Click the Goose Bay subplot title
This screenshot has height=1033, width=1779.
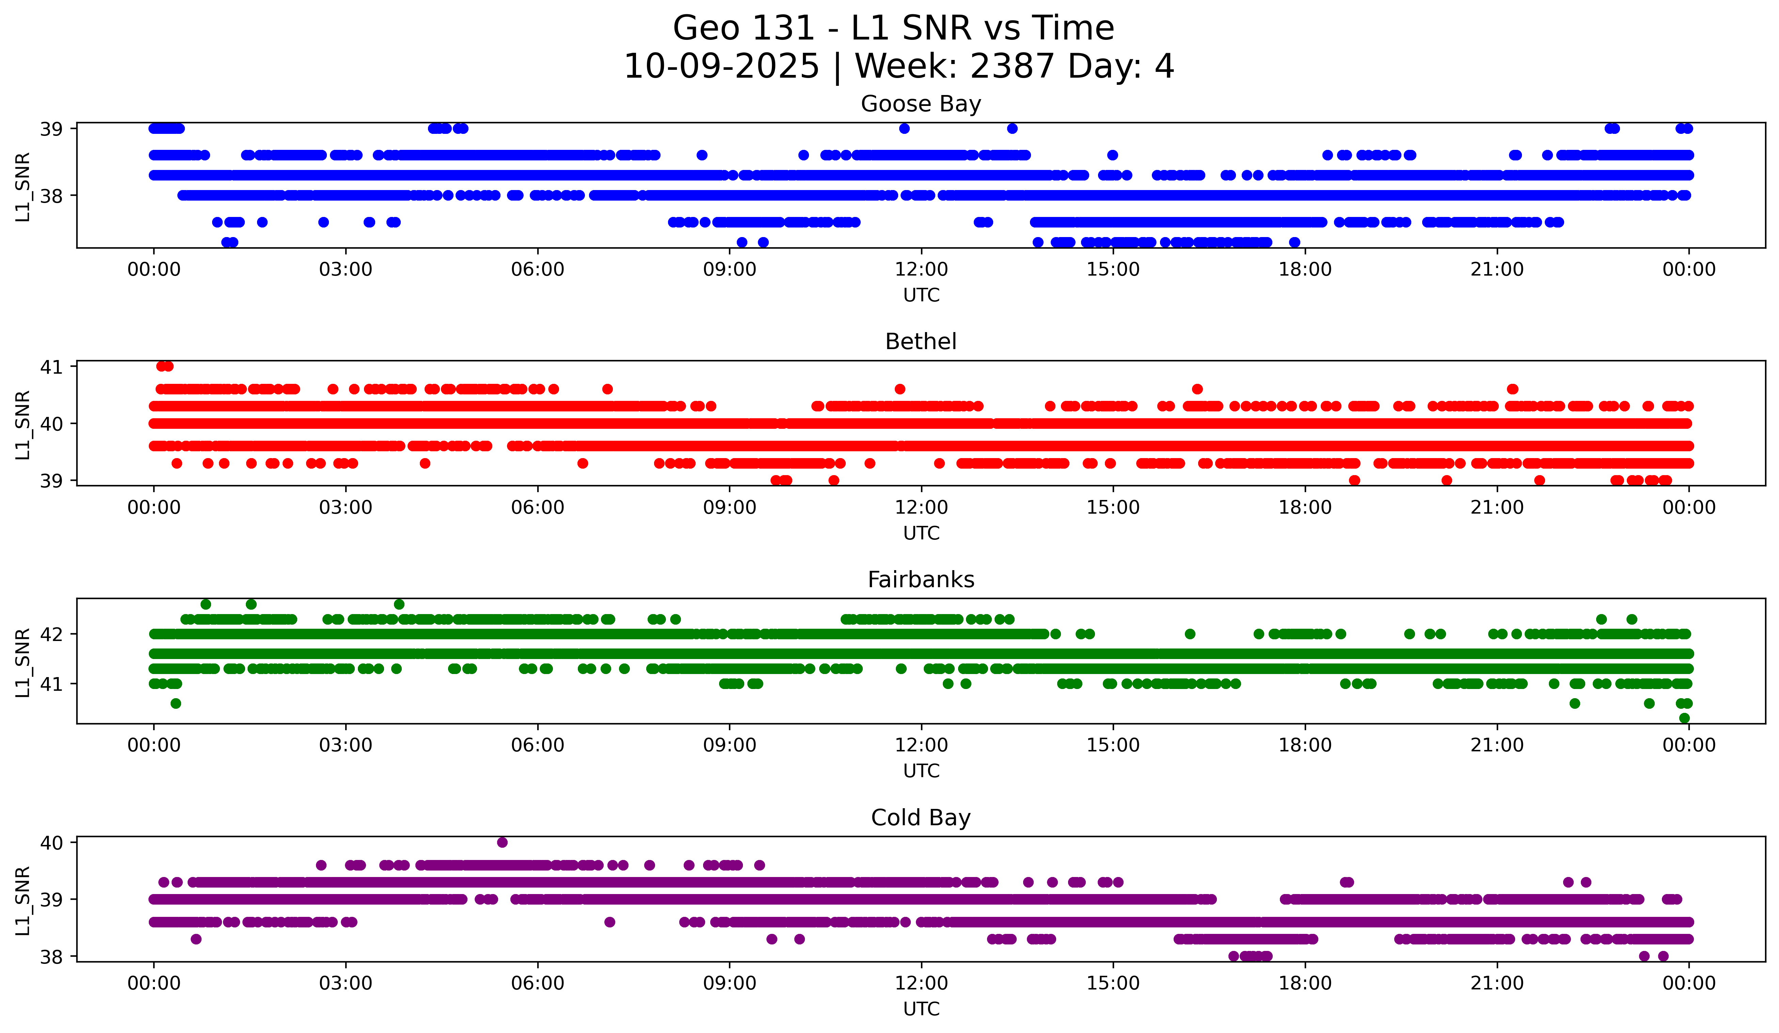[921, 104]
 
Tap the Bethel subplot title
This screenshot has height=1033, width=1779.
[921, 342]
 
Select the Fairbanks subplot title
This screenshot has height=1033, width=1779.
[921, 580]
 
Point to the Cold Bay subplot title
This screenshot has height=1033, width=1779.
[921, 818]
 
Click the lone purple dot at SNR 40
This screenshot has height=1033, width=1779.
[502, 842]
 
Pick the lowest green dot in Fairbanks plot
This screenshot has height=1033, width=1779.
[1684, 718]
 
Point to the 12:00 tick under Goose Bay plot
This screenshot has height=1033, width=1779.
[921, 270]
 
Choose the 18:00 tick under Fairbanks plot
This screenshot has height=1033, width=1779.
[1305, 746]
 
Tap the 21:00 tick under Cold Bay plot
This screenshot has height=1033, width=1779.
[1497, 984]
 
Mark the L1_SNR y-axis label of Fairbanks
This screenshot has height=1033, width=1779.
[22, 662]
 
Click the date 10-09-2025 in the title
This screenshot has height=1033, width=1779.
[721, 67]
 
